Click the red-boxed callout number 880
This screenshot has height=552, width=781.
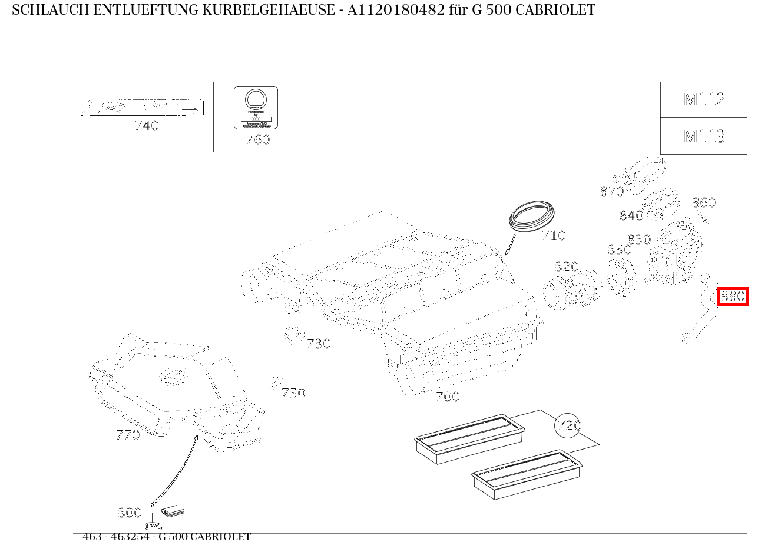(x=733, y=296)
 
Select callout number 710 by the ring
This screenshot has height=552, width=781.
(x=553, y=235)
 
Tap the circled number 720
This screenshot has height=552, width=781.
(x=568, y=425)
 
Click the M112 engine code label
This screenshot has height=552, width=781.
(x=704, y=99)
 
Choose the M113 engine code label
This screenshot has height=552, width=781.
(x=704, y=137)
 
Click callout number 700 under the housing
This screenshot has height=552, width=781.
(x=447, y=397)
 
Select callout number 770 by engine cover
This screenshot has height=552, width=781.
(x=128, y=435)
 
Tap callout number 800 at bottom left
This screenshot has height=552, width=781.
(x=129, y=513)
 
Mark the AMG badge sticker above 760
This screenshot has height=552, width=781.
(x=256, y=108)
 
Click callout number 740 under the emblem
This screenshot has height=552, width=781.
(x=147, y=125)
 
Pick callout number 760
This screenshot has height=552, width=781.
(x=257, y=139)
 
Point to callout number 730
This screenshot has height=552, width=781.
(x=318, y=344)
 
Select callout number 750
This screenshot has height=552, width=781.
(x=293, y=393)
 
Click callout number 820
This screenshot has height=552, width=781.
(x=567, y=267)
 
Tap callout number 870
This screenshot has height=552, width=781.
(x=611, y=191)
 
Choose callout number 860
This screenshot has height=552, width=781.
(x=703, y=202)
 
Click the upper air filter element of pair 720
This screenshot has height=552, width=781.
(x=469, y=438)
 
